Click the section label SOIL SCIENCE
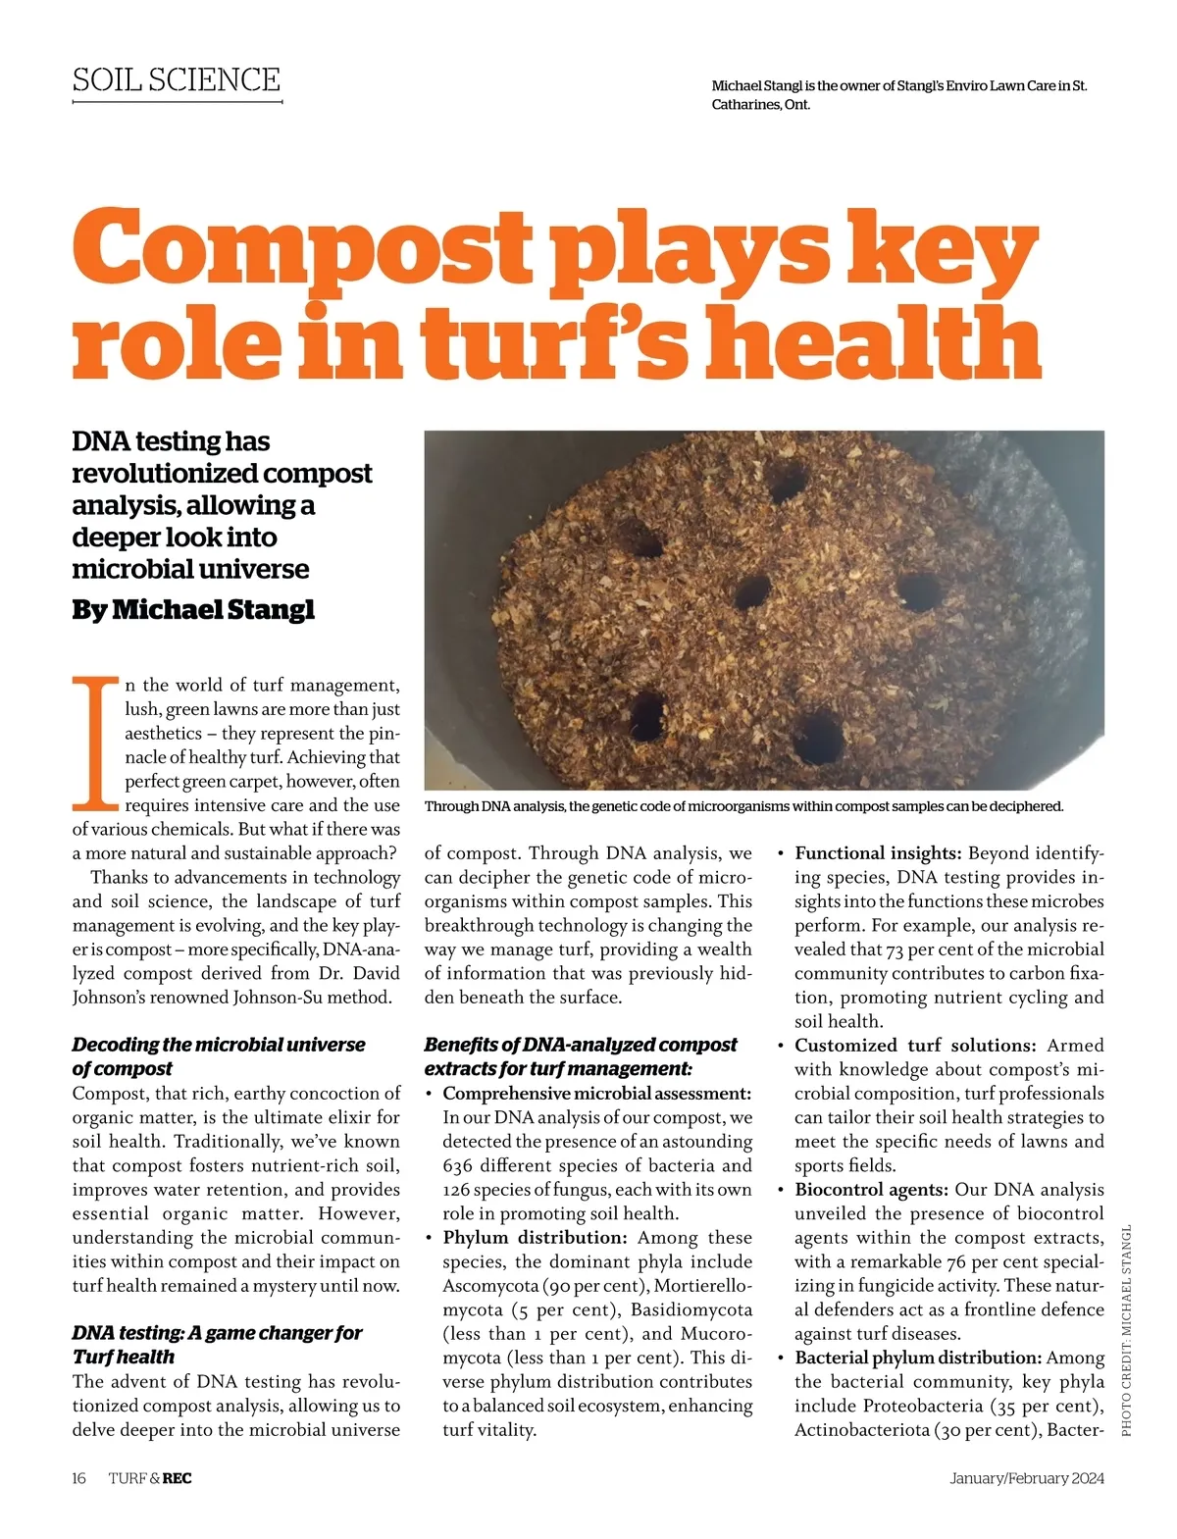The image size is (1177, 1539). click(177, 79)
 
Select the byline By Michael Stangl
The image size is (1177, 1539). click(193, 609)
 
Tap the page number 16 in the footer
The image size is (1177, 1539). click(79, 1478)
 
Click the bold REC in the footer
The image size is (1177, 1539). click(178, 1478)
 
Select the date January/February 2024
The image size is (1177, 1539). click(1027, 1478)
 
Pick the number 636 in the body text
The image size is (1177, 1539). click(460, 1165)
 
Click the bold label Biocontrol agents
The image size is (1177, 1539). click(871, 1190)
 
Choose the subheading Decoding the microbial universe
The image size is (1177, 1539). click(219, 1045)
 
